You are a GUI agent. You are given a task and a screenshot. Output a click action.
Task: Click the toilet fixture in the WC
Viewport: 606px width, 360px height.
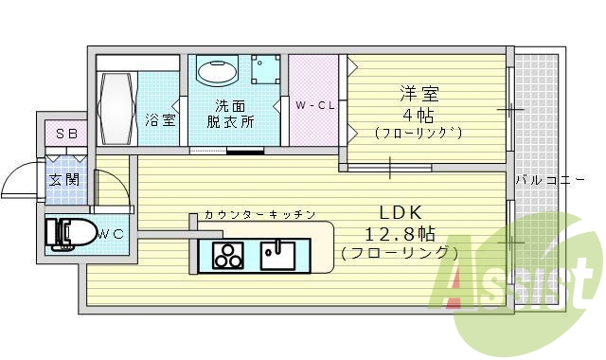(x=72, y=233)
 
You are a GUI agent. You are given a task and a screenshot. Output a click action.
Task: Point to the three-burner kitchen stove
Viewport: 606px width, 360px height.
(x=227, y=254)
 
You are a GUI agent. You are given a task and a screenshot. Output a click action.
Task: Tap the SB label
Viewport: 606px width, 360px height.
(x=65, y=134)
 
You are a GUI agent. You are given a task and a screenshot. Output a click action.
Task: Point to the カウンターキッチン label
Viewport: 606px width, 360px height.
(x=258, y=215)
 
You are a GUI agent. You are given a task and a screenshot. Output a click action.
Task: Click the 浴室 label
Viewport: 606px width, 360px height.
(x=160, y=120)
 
